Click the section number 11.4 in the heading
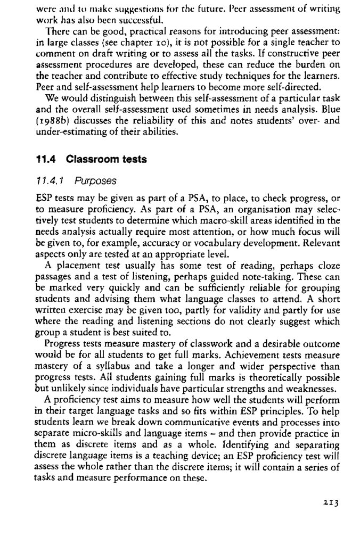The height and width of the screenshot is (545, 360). point(45,159)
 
